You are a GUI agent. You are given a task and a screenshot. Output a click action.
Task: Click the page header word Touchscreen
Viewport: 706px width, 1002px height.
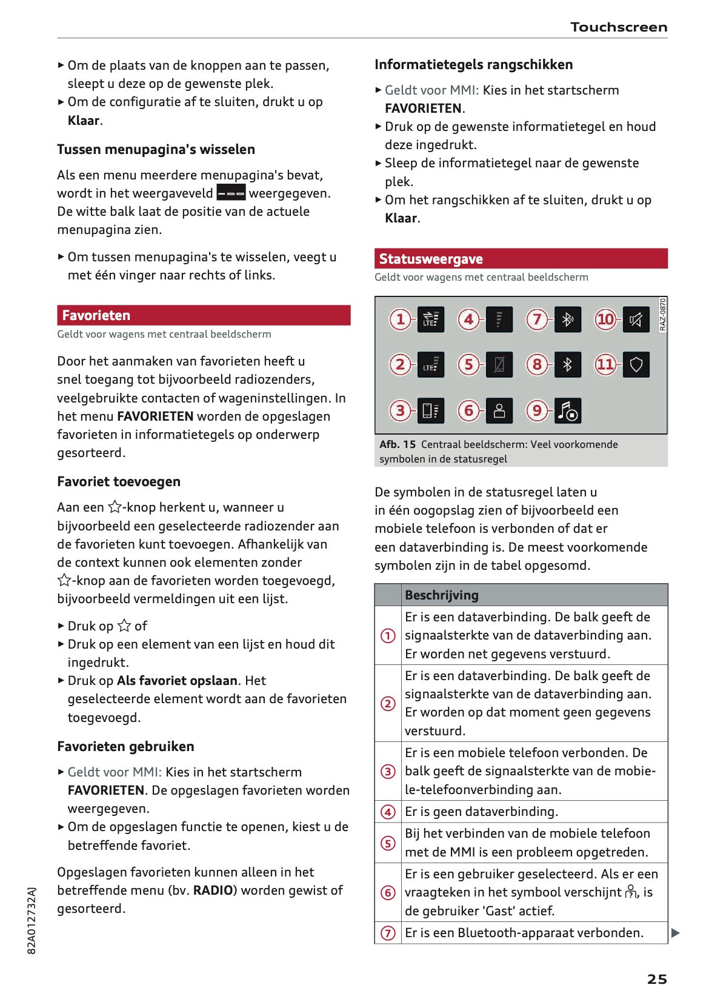coord(618,27)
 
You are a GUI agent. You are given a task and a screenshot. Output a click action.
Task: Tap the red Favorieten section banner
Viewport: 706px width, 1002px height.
coord(204,315)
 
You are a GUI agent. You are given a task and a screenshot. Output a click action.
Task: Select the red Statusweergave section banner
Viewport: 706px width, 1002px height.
coord(521,259)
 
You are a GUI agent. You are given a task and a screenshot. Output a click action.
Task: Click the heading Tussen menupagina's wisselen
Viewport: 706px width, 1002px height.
coord(156,149)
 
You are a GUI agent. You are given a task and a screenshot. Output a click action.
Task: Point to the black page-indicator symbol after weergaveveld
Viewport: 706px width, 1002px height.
coord(231,193)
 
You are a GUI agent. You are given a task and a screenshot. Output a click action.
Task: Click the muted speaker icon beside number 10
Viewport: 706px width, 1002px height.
coord(636,319)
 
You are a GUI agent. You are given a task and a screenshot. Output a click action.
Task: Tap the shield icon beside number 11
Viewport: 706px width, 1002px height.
coord(636,364)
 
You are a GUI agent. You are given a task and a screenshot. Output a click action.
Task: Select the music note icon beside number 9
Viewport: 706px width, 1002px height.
coord(568,411)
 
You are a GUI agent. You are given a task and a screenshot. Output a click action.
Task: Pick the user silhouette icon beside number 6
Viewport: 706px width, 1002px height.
coord(499,411)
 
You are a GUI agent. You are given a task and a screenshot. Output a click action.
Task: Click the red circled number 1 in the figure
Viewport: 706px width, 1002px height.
coord(400,319)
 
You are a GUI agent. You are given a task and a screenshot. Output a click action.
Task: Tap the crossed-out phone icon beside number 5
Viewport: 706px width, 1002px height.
coord(499,364)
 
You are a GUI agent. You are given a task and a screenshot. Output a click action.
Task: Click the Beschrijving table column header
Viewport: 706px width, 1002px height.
coord(441,595)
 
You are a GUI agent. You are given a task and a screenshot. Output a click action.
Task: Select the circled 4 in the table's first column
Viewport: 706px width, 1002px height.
coord(388,812)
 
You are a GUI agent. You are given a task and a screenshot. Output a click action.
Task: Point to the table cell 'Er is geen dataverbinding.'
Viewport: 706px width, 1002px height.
coord(481,812)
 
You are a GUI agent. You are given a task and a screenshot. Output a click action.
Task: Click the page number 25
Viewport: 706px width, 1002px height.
coord(657,979)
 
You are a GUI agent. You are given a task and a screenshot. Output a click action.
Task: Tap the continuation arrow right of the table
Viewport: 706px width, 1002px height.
coord(676,933)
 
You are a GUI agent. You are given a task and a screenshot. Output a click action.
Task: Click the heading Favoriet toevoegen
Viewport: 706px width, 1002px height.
coord(119,481)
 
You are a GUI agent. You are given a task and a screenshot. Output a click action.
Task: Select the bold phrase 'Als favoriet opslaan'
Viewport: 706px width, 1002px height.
coord(177,681)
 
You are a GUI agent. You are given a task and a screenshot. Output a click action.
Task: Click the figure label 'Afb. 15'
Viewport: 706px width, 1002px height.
coord(398,444)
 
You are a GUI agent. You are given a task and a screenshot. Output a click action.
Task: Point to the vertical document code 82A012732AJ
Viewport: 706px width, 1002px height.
coord(32,920)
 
